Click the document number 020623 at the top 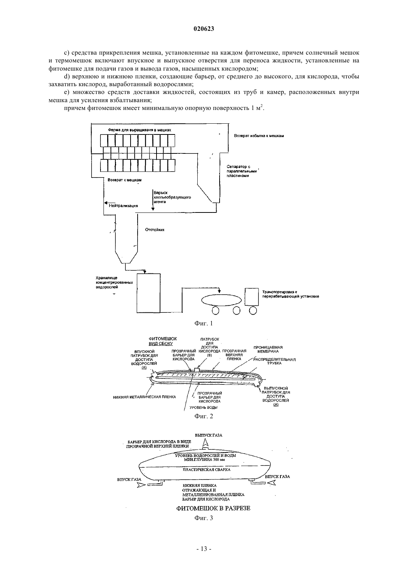pos(204,29)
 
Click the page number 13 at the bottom pos(204,556)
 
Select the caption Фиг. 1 pos(204,323)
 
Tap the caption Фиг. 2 pos(204,416)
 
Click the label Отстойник pos(155,230)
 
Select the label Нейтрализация pos(124,206)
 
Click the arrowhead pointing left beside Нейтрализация pos(106,203)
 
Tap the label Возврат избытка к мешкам pos(259,136)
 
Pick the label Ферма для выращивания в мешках pos(139,130)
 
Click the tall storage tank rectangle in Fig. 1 pos(149,293)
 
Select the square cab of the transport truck pos(251,297)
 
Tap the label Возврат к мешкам pos(124,180)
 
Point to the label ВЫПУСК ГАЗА pos(208,435)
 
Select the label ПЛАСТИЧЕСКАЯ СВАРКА pos(207,470)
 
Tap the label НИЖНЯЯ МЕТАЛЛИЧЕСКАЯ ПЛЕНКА pos(145,397)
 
